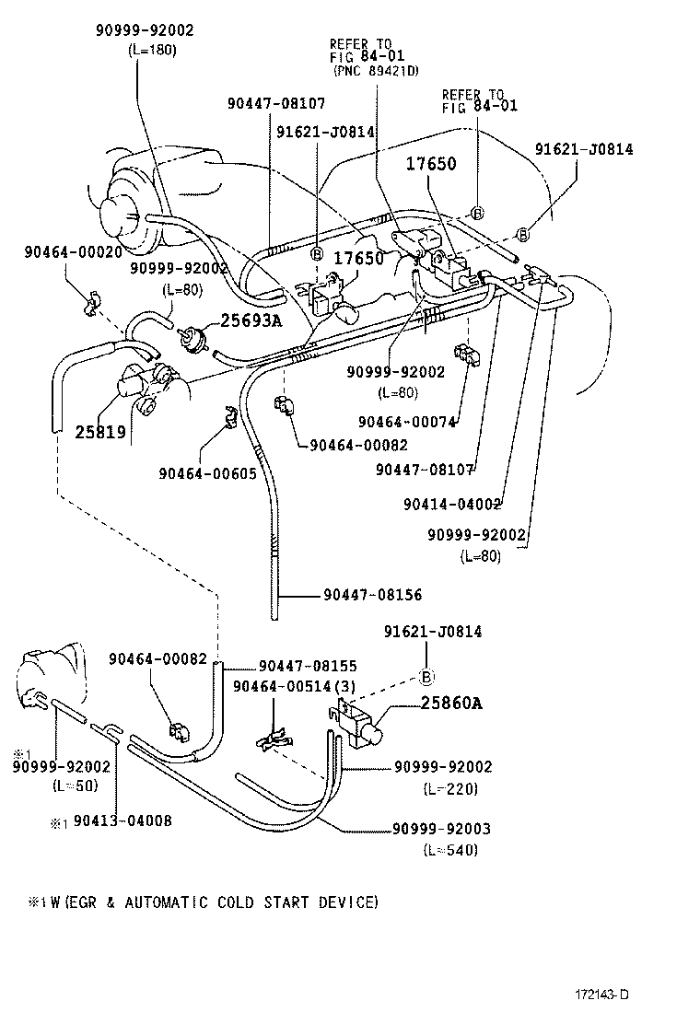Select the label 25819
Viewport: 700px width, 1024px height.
(x=100, y=430)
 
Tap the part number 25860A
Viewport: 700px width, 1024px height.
(x=451, y=704)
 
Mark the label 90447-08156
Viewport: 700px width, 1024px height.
(x=372, y=596)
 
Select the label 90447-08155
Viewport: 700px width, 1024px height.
(x=308, y=666)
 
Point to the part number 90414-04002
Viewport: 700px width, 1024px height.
(x=451, y=504)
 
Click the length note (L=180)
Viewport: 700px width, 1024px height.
(x=152, y=49)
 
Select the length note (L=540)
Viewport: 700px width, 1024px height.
(x=450, y=850)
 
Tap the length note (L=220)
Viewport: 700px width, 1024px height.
(x=450, y=788)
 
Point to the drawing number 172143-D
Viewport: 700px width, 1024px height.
(x=602, y=995)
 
